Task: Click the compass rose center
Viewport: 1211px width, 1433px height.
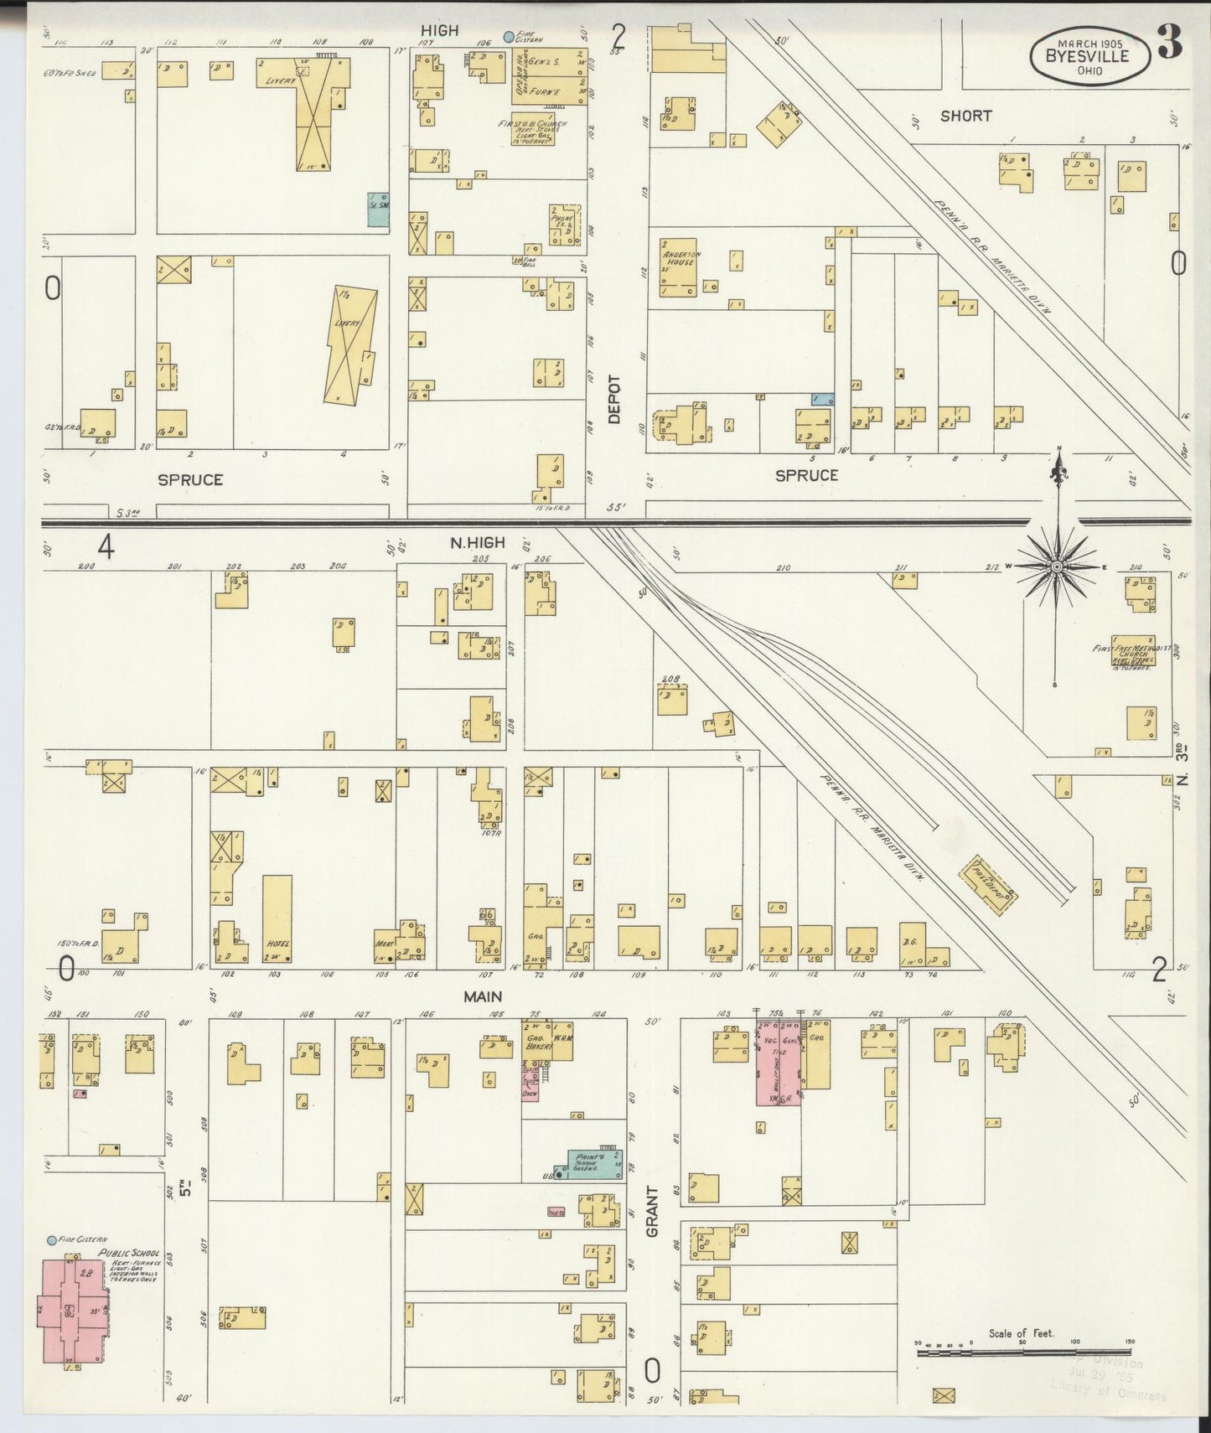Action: tap(1057, 567)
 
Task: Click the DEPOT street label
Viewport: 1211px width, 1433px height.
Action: tap(614, 399)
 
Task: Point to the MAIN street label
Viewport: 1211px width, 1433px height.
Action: tap(483, 996)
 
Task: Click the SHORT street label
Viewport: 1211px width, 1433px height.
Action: tap(965, 116)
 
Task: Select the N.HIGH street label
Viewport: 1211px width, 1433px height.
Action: tap(478, 543)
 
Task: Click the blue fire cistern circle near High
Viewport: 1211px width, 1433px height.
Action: tap(508, 36)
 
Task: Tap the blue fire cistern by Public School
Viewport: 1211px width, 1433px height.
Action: tap(52, 1240)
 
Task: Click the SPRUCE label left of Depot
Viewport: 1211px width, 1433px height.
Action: tap(190, 479)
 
